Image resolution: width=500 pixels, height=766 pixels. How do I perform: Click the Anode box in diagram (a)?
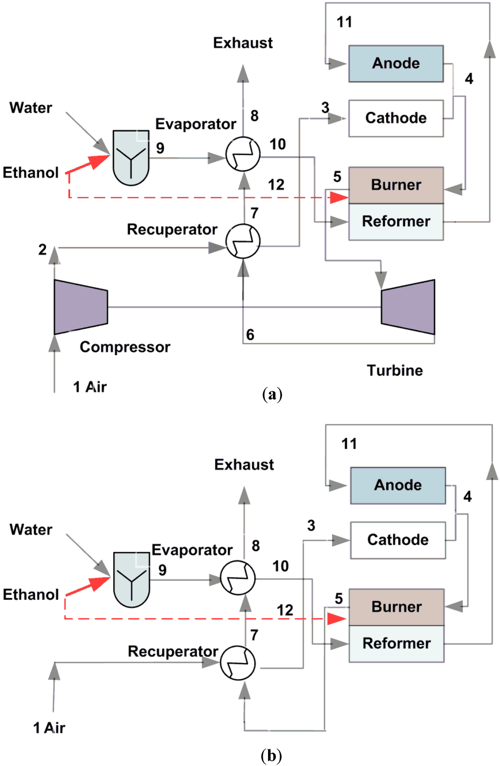tap(396, 63)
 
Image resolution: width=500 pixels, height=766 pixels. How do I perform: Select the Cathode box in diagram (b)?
tap(398, 540)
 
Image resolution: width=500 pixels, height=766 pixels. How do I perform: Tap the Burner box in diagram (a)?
tap(396, 185)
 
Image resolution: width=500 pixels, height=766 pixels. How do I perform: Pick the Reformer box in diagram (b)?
tap(396, 644)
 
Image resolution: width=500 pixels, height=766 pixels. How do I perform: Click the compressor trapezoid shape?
tap(81, 307)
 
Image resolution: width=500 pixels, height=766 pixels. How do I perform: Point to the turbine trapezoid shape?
tap(408, 307)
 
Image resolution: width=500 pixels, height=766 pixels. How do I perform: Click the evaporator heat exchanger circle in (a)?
tap(243, 154)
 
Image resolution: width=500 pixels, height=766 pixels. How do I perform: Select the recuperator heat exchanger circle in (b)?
tap(238, 663)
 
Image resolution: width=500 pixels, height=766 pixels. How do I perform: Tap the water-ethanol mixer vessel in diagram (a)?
tap(131, 157)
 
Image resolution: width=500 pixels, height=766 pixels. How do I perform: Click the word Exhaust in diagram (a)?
tap(243, 43)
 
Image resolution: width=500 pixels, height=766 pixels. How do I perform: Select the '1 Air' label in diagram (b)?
tap(49, 728)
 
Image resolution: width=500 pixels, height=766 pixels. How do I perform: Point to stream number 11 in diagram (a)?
tap(344, 22)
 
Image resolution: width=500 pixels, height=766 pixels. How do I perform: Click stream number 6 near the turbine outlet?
tap(250, 335)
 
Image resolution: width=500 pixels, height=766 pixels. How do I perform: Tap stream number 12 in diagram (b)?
tap(285, 610)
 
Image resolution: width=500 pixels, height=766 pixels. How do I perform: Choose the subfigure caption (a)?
tap(272, 394)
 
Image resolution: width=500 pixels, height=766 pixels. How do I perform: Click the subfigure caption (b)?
tap(271, 756)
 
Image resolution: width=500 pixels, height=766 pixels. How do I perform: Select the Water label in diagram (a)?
tap(31, 108)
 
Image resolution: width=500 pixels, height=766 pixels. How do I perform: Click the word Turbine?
tap(395, 370)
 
